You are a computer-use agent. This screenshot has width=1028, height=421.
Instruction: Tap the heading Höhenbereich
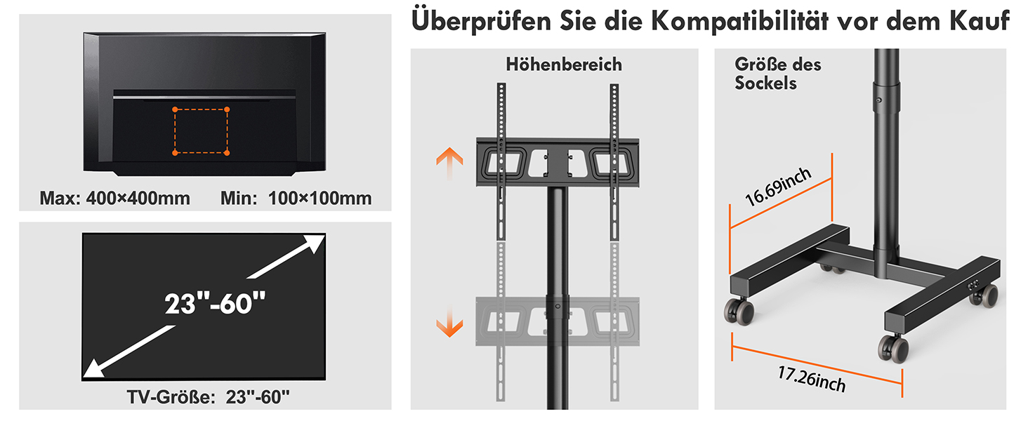[564, 65]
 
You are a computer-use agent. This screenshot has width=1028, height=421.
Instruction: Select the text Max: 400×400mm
[114, 198]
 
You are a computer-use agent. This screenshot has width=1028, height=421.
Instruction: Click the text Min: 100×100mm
[296, 198]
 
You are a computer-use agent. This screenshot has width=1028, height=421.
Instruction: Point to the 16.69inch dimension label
[778, 187]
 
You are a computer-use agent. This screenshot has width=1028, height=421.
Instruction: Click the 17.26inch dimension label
[812, 380]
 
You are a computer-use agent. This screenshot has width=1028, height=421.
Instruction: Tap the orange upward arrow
[449, 163]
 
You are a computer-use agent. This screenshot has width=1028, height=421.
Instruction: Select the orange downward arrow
[449, 321]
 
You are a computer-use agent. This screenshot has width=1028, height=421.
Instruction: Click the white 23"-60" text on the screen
[215, 303]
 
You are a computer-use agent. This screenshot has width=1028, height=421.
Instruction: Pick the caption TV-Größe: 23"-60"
[209, 397]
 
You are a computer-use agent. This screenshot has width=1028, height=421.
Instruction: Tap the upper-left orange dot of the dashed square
[175, 109]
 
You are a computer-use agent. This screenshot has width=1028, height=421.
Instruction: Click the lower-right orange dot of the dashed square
[227, 153]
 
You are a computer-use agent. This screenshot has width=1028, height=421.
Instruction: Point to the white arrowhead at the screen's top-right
[313, 243]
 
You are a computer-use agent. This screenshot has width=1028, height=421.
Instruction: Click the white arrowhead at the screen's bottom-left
[95, 368]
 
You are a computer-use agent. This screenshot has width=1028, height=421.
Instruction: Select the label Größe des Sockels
[778, 74]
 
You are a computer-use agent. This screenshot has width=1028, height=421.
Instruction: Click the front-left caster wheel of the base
[739, 311]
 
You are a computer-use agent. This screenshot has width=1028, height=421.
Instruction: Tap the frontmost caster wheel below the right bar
[893, 349]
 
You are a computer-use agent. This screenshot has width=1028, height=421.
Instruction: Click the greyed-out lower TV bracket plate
[558, 321]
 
